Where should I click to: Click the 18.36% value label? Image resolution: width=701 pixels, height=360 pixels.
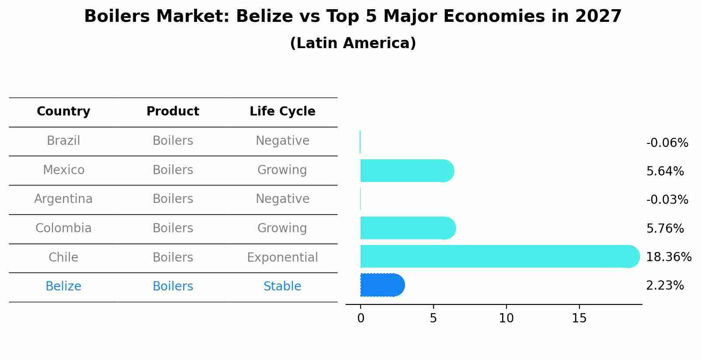pos(668,257)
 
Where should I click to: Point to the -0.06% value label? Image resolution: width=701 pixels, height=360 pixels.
pos(667,143)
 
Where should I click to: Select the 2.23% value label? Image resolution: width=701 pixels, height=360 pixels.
pos(665,286)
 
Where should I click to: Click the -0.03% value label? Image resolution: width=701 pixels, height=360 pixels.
pos(667,200)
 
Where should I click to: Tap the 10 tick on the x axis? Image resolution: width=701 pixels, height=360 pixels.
pos(506,318)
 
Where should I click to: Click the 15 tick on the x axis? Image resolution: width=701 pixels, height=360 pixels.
pos(579,318)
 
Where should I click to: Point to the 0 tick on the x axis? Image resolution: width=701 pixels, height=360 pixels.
pos(361,318)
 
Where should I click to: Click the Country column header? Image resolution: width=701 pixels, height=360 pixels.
pos(63,112)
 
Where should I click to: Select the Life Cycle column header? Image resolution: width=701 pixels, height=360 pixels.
pos(282,112)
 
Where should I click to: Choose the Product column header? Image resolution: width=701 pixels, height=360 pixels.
pos(173,112)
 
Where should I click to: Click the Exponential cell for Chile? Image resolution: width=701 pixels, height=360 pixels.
pos(282,258)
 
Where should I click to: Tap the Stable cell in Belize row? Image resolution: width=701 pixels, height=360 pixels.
pos(282,287)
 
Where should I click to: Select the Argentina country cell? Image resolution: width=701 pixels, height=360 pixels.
pos(63,199)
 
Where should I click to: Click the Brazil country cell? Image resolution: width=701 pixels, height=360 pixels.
pos(63,141)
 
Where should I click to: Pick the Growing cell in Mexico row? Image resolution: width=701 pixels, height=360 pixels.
pos(282,170)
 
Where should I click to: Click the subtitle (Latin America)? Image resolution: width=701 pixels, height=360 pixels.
pos(353,43)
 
